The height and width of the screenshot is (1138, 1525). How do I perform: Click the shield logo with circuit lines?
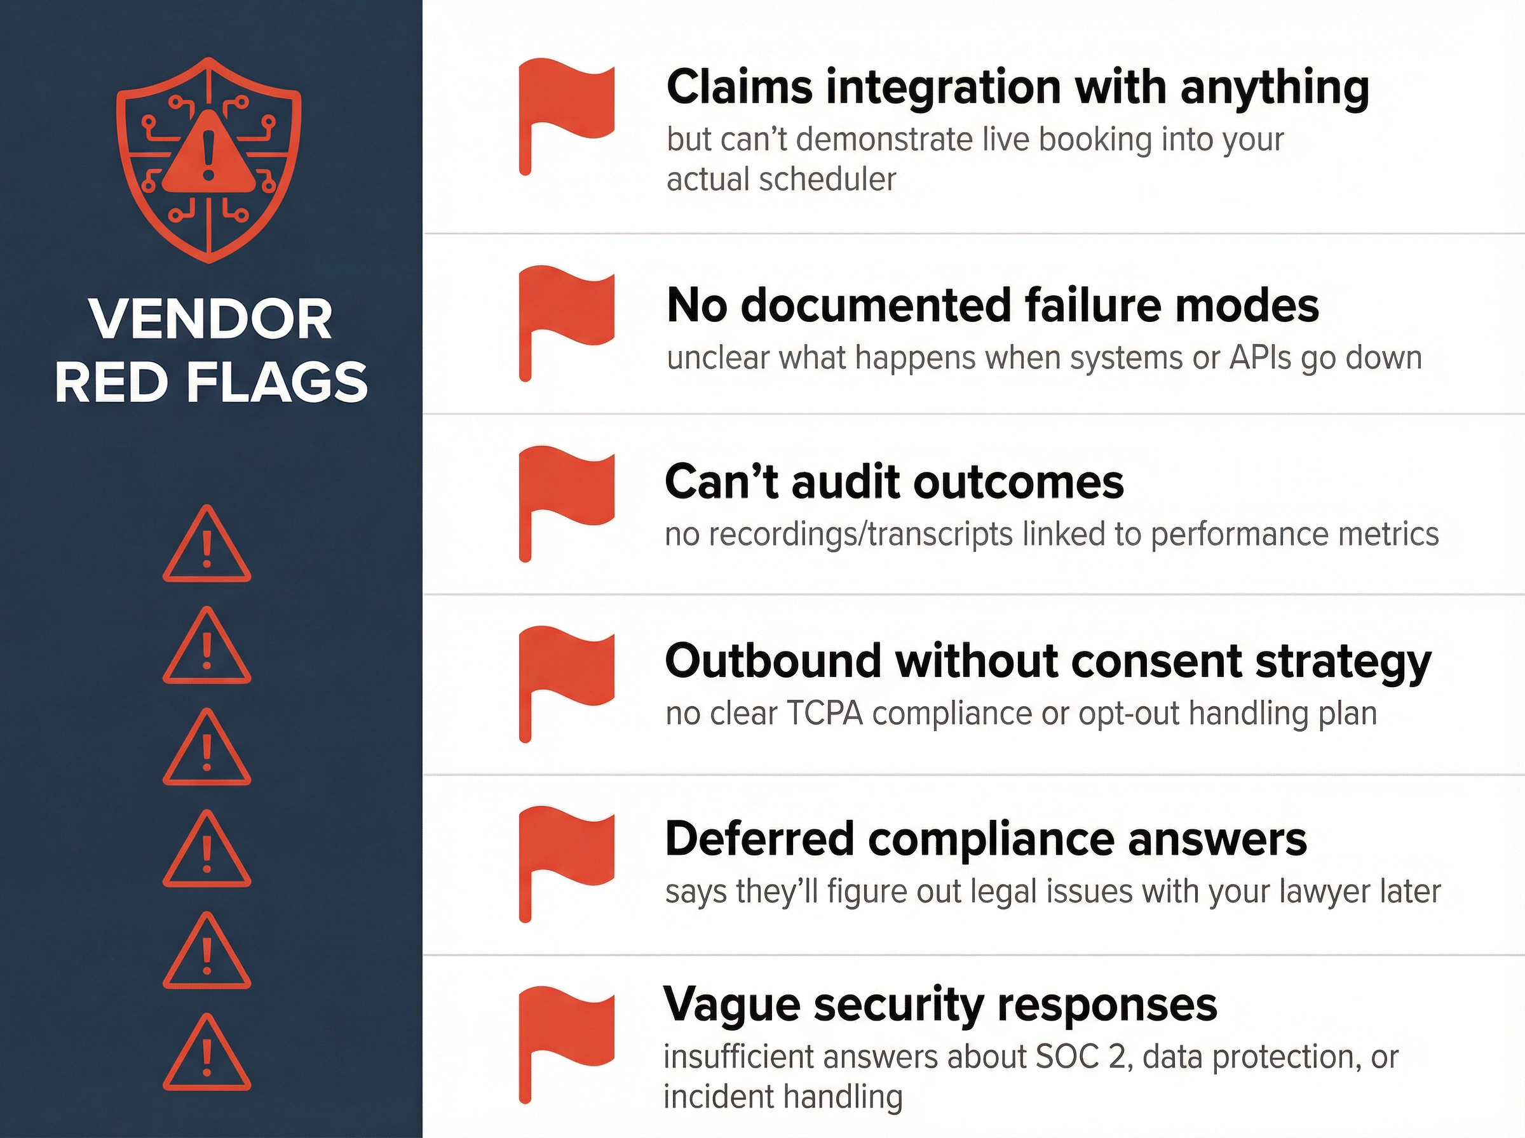208,160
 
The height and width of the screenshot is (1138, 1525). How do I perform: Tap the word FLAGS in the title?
277,382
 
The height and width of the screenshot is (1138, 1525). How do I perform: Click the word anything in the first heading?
1274,88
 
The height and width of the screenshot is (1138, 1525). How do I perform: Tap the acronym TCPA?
824,714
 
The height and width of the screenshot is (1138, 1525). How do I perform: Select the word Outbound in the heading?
773,661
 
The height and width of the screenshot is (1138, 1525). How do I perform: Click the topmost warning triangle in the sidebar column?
207,544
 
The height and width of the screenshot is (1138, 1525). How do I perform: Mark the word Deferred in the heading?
759,840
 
